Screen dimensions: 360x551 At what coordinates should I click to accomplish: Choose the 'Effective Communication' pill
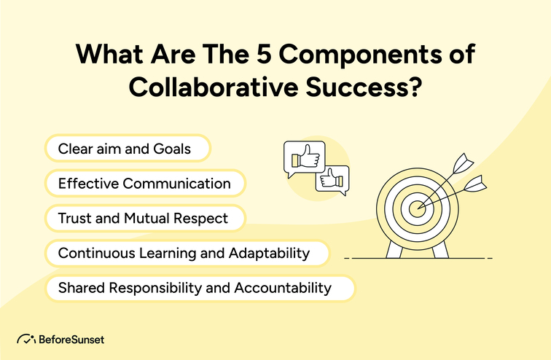144,184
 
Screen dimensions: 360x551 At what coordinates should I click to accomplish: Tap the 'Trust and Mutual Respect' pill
144,218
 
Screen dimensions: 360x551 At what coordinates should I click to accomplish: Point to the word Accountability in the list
283,288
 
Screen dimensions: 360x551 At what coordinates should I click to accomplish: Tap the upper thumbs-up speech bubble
303,158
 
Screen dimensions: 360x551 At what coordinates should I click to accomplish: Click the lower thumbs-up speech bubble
332,179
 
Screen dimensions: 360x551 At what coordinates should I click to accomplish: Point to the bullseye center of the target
416,208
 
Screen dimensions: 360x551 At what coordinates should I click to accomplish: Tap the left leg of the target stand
394,250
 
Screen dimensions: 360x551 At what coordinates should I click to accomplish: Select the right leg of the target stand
439,250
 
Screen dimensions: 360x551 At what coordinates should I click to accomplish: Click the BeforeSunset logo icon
26,340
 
